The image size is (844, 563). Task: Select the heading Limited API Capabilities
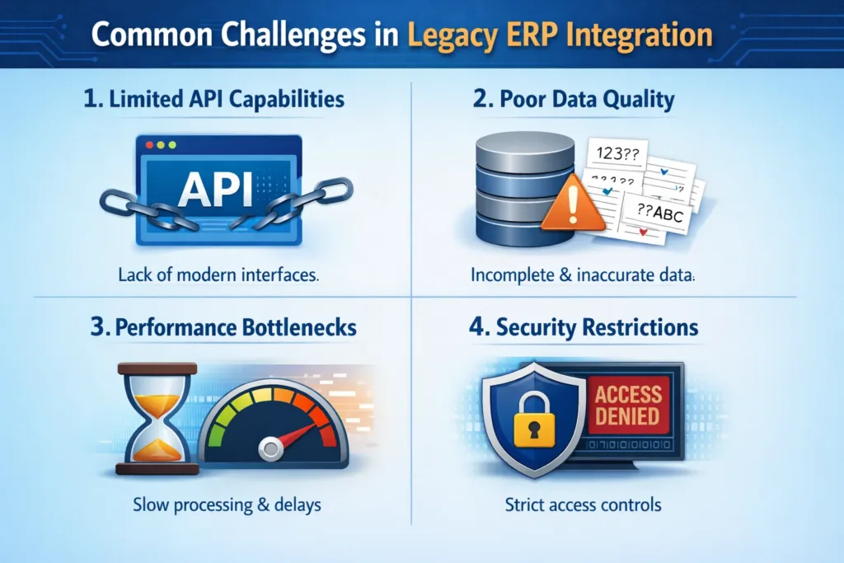tap(213, 101)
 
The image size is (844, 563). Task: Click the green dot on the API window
tap(172, 145)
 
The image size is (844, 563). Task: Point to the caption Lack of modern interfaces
tap(213, 275)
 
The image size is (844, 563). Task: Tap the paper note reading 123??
tap(613, 153)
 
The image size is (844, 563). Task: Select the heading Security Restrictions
tap(586, 327)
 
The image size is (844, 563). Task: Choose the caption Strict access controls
tap(584, 504)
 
